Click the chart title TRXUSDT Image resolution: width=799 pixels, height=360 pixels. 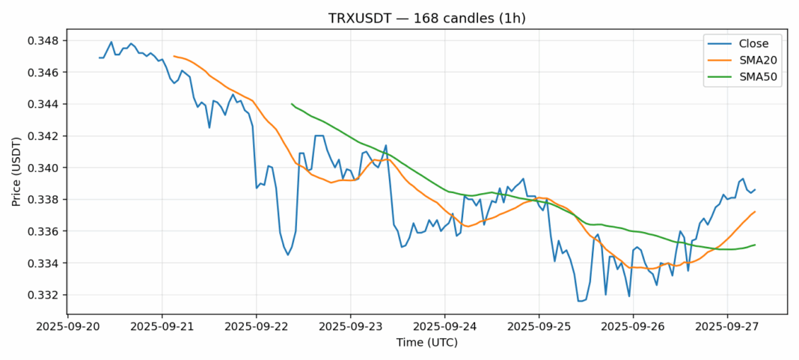click(399, 16)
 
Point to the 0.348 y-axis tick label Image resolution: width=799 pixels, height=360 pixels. click(46, 40)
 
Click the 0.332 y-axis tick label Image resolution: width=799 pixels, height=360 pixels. click(46, 295)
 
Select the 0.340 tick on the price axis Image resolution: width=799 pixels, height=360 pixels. click(46, 168)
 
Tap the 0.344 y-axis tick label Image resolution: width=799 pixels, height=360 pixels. click(46, 104)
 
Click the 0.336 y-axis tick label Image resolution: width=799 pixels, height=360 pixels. click(46, 231)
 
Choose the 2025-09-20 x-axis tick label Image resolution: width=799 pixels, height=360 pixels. click(68, 326)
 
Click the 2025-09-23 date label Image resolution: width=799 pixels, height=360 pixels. click(350, 326)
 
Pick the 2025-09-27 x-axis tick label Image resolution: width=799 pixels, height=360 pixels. click(727, 326)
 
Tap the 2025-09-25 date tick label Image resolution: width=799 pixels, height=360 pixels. click(539, 326)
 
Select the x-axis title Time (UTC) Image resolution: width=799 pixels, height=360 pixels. click(427, 342)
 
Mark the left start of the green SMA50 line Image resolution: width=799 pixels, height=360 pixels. click(292, 104)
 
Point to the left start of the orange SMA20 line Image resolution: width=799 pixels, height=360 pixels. click(174, 56)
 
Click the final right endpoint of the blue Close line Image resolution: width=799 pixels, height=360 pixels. click(755, 189)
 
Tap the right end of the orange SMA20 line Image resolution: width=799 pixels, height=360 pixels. click(755, 212)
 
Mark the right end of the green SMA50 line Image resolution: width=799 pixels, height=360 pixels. click(755, 245)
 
